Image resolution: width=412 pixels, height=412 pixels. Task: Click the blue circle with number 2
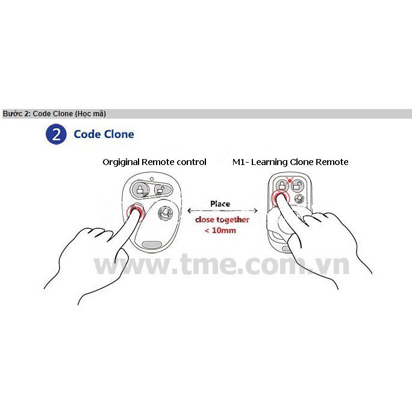[56, 134]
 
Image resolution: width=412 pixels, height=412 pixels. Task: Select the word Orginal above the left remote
[121, 162]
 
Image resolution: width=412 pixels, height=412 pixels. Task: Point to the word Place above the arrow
[220, 204]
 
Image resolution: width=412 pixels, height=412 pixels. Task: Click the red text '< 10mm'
[220, 230]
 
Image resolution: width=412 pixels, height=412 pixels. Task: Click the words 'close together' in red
[222, 220]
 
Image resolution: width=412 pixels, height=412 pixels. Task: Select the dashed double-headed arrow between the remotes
[223, 211]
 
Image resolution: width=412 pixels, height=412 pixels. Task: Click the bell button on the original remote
[164, 212]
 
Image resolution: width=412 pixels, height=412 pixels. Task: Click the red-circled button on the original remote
[135, 212]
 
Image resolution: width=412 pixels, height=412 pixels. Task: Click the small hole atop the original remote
[153, 179]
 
